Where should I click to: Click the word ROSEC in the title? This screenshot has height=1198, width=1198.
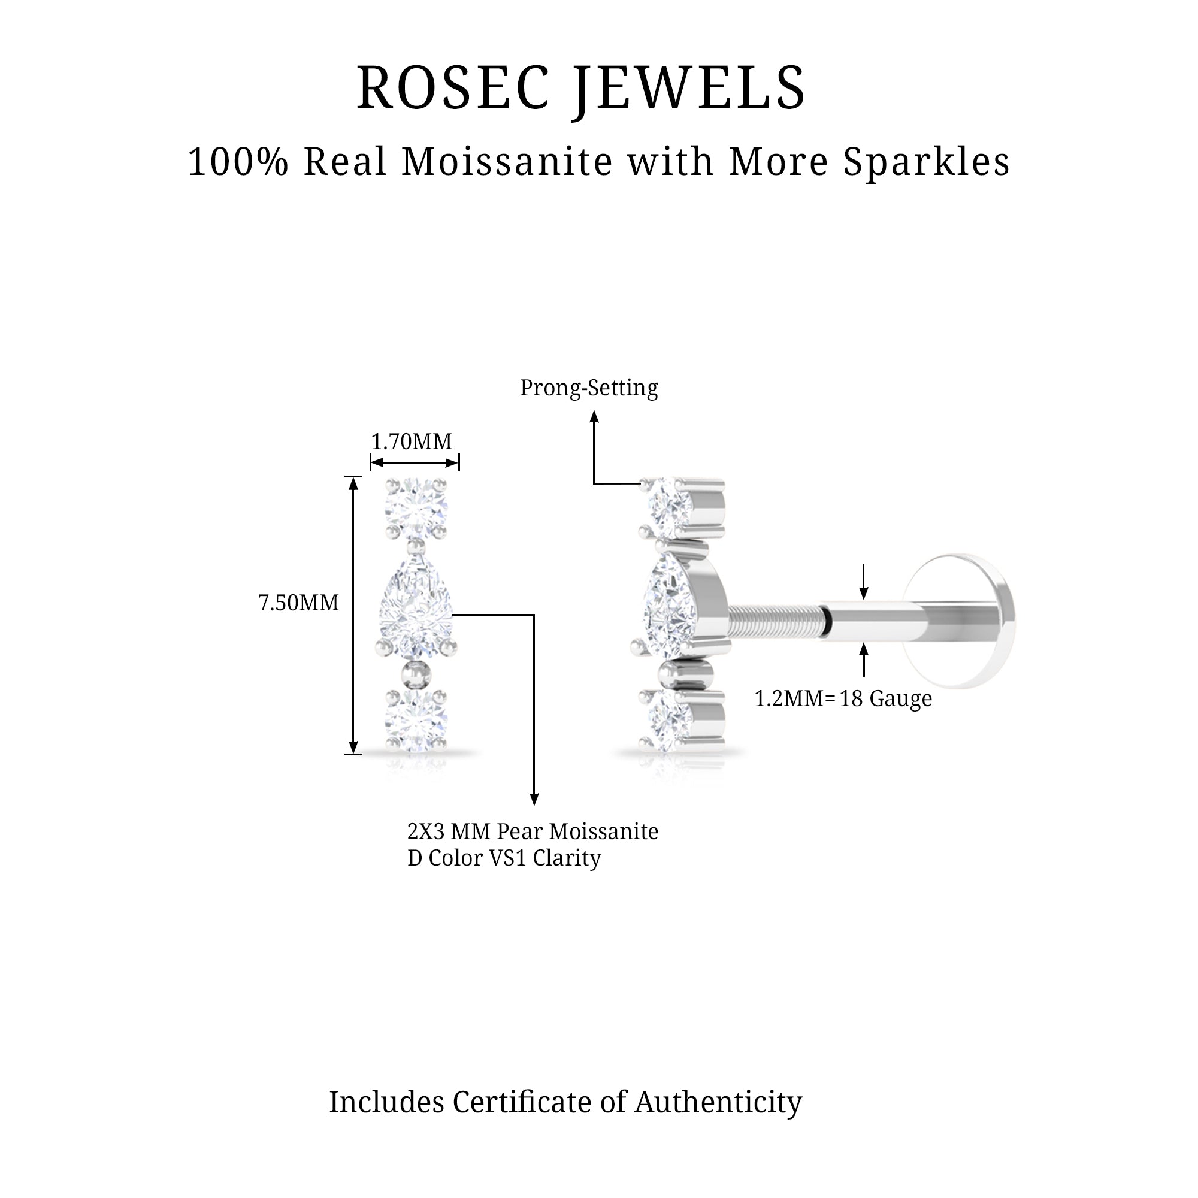coord(453,88)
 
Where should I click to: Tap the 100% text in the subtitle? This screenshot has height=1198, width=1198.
coord(238,162)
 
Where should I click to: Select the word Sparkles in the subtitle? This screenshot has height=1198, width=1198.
coord(927,162)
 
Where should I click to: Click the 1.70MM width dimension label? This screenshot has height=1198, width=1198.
coord(411,441)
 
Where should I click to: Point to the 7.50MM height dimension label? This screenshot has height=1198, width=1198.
coord(298,603)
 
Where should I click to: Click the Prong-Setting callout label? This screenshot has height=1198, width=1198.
coord(588,388)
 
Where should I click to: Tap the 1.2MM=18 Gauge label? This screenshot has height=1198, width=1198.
coord(843,699)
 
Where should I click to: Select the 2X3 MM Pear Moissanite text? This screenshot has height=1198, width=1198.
coord(532,831)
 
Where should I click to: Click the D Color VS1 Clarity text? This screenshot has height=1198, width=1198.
coord(504,859)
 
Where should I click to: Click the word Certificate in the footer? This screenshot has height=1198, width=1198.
coord(521,1103)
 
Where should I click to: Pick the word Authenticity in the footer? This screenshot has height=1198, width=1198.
coord(718,1103)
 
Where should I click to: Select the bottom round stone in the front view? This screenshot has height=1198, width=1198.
coord(416,721)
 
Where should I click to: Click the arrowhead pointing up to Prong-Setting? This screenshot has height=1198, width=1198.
coord(594,417)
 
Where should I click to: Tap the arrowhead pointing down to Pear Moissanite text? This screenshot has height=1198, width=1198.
coord(534,799)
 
